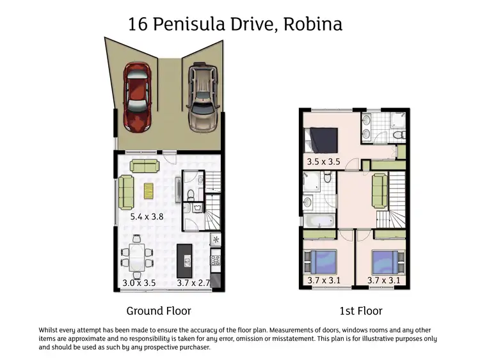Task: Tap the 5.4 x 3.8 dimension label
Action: (147, 217)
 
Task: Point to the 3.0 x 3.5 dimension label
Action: (139, 282)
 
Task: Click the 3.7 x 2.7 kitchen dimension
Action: (193, 282)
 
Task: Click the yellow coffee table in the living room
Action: (149, 191)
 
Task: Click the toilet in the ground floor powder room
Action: (190, 208)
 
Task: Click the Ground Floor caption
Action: (159, 311)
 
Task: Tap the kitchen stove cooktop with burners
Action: (216, 260)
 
